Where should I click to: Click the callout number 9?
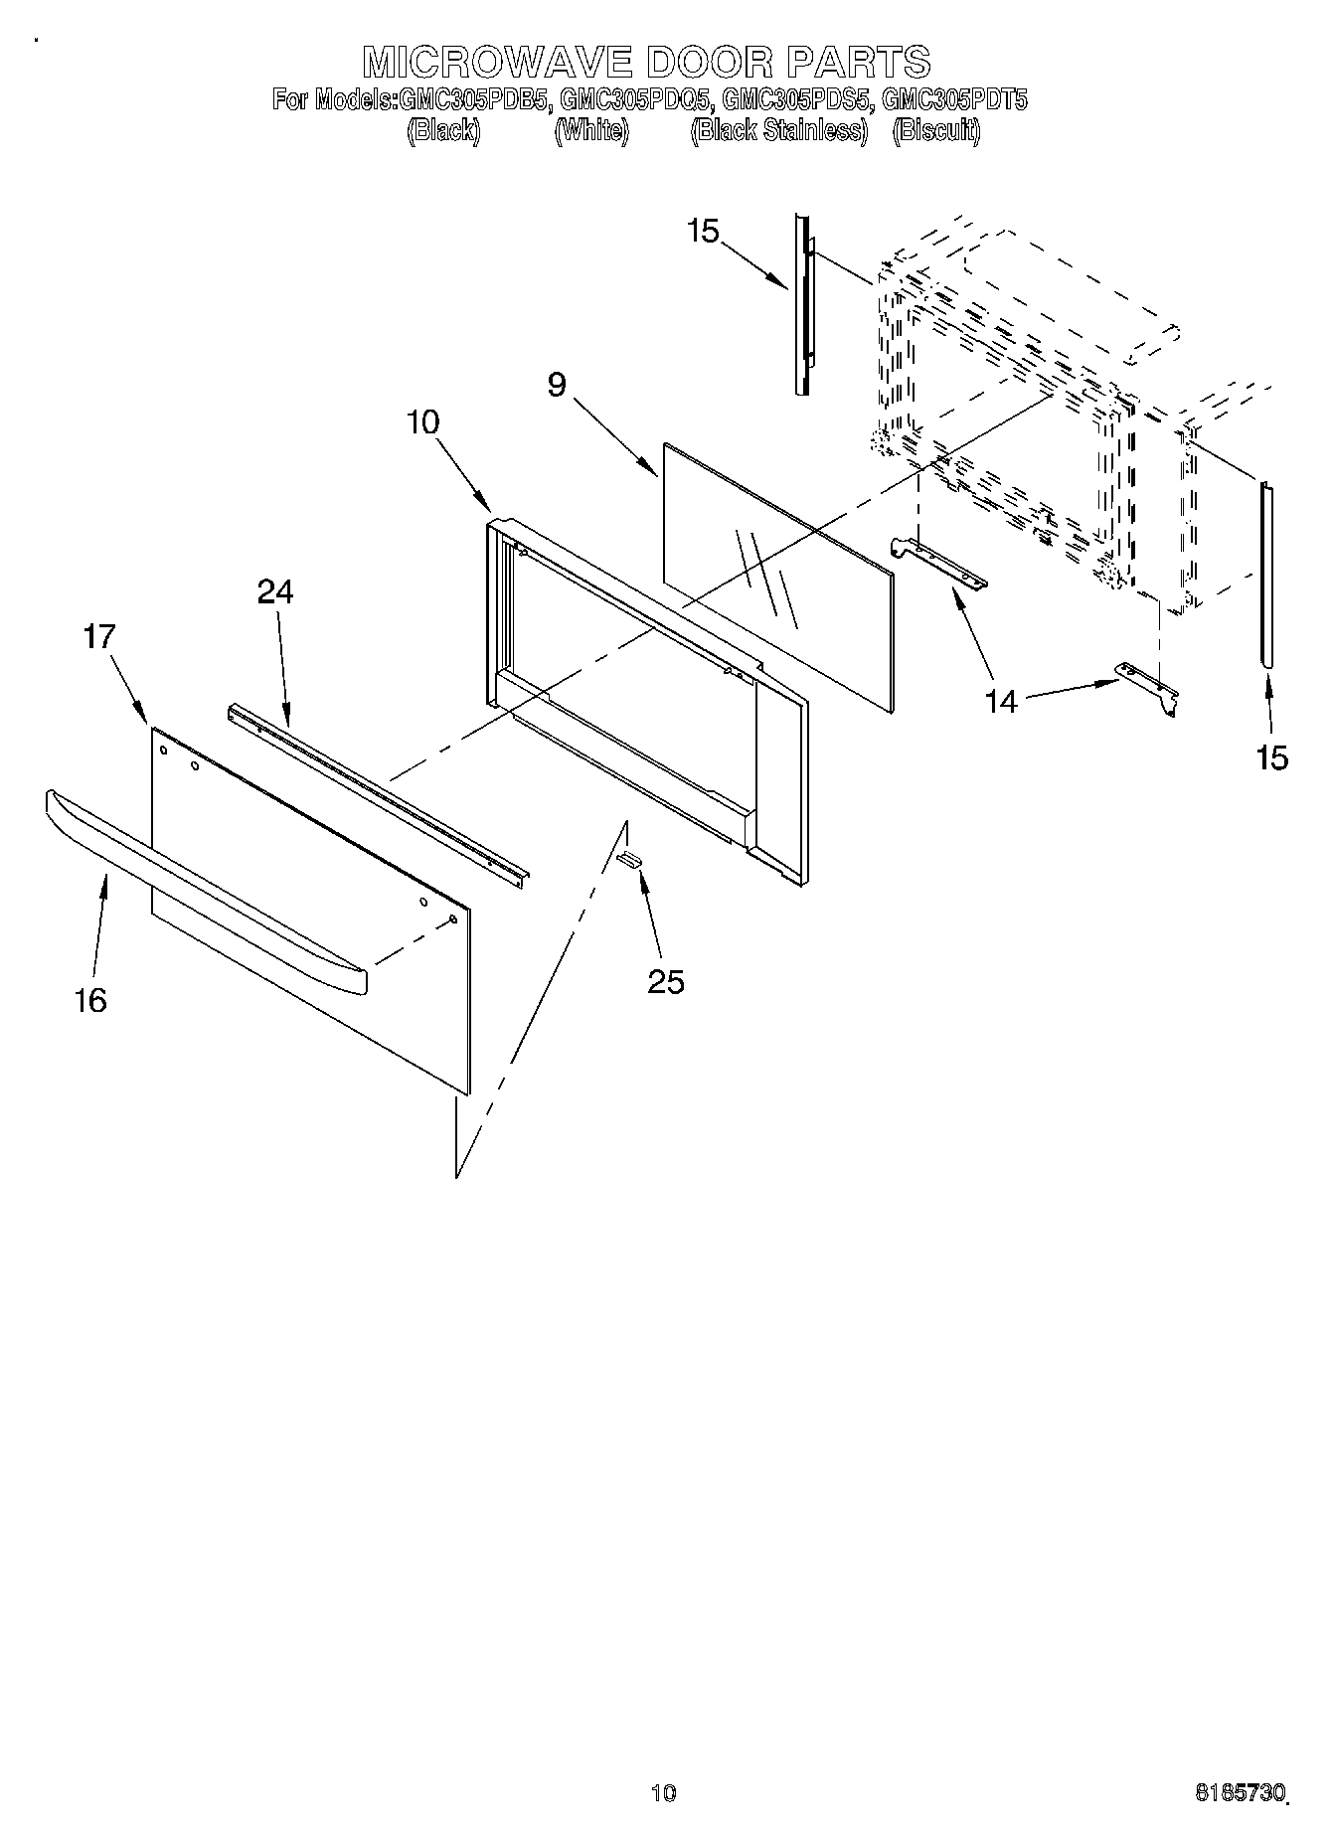pyautogui.click(x=557, y=385)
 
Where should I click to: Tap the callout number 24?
pyautogui.click(x=275, y=592)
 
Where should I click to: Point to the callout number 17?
pyautogui.click(x=99, y=636)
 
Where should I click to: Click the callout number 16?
pyautogui.click(x=90, y=1000)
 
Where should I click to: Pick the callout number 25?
pyautogui.click(x=666, y=982)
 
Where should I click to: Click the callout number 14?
pyautogui.click(x=1002, y=702)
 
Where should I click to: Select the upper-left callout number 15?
pyautogui.click(x=702, y=232)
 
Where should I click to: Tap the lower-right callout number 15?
pyautogui.click(x=1272, y=757)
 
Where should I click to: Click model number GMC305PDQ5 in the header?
pyautogui.click(x=636, y=99)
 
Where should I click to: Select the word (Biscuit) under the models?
pyautogui.click(x=936, y=131)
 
